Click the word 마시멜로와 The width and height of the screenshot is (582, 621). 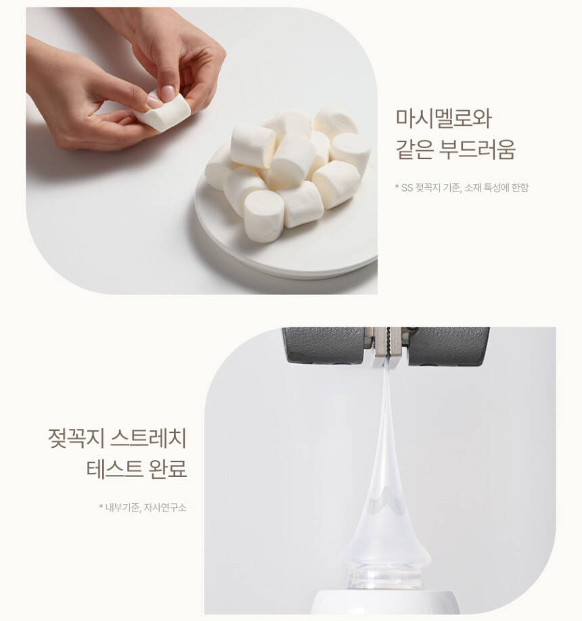point(444,118)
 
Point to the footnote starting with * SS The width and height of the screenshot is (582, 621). point(462,187)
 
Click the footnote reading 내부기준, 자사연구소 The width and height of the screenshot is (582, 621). point(145,507)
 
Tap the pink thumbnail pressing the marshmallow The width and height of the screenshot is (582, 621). point(168,93)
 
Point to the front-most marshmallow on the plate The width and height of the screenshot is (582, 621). point(264,216)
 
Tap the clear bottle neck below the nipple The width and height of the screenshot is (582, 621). point(384,580)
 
